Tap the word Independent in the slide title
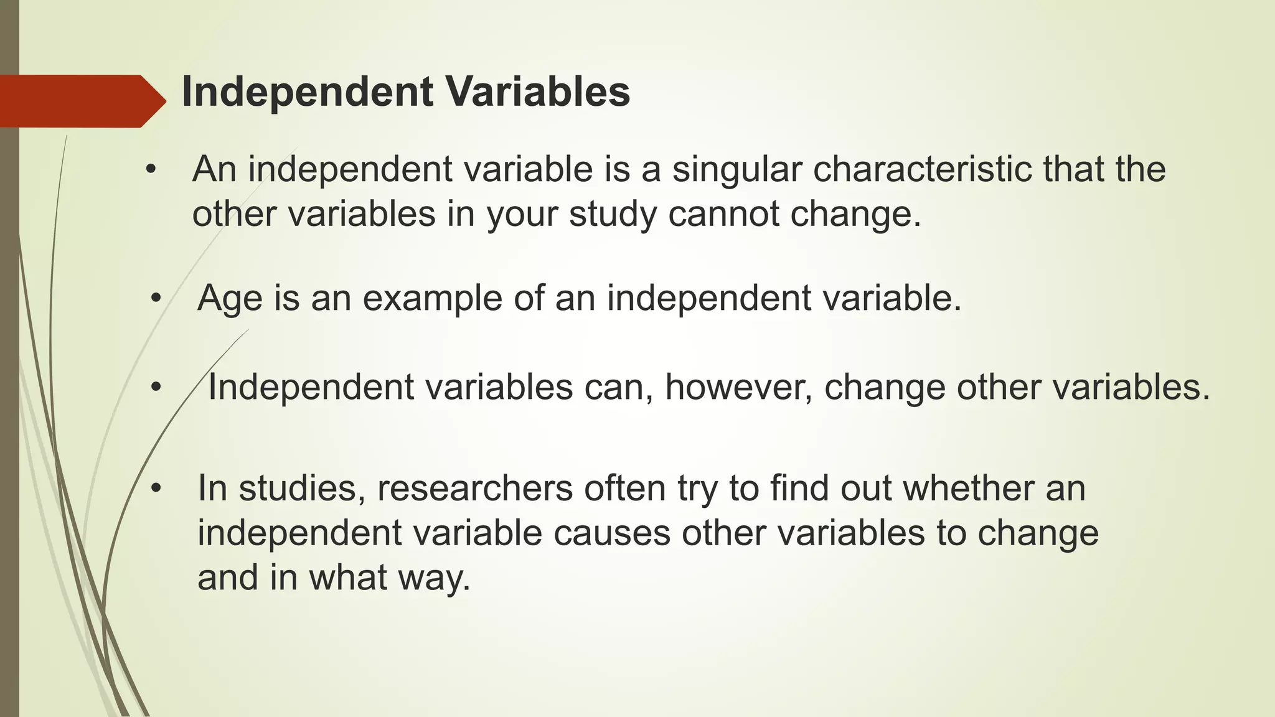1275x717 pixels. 307,92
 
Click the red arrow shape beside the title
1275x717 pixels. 81,101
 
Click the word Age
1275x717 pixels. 229,299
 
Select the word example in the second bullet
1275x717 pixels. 432,299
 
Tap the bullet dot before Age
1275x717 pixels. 156,299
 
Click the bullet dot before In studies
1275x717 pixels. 156,489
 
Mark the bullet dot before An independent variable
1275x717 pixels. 150,170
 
